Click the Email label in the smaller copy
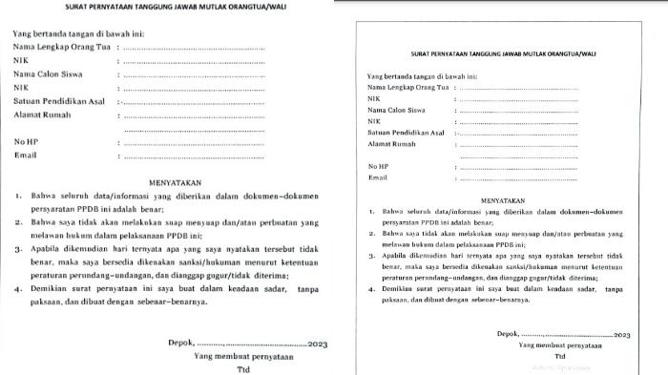point(378,177)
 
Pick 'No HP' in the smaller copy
point(380,166)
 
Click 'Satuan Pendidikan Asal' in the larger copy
point(59,100)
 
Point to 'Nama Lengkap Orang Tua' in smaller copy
point(408,87)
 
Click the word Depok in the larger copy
point(177,343)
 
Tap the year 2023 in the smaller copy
point(621,336)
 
